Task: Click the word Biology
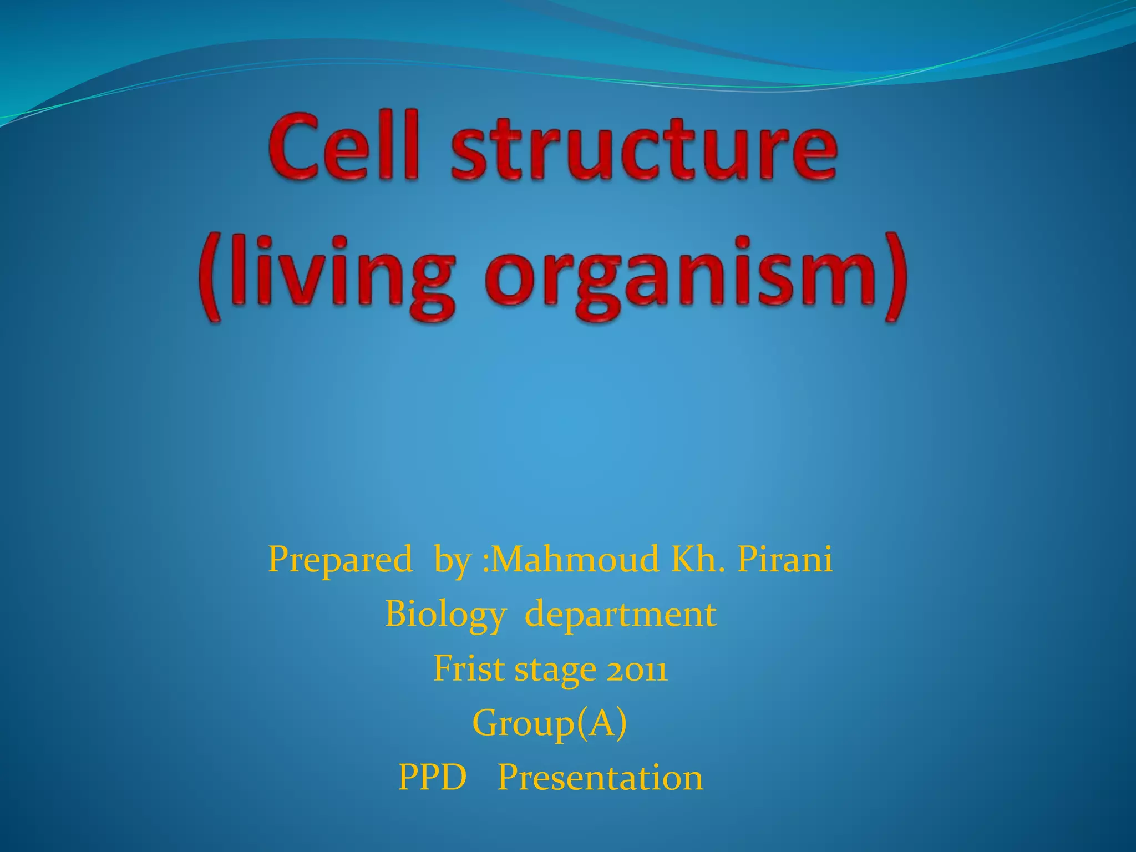click(x=445, y=615)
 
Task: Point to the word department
click(x=620, y=615)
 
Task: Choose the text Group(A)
click(x=549, y=723)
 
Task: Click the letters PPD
click(x=432, y=777)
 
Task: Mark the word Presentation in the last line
click(x=600, y=777)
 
